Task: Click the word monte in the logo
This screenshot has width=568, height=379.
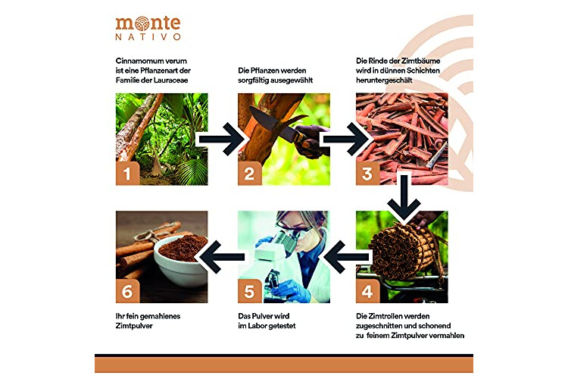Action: pos(148,24)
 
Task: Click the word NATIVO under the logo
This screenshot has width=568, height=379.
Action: pos(148,36)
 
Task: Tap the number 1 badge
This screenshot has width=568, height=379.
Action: pos(127,173)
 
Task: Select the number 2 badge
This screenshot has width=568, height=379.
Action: pos(250,173)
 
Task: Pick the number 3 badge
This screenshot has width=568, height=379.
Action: pos(367,173)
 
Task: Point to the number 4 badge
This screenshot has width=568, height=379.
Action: pos(367,291)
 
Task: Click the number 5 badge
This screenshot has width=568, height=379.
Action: pos(250,291)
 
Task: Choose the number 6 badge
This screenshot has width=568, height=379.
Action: pos(127,291)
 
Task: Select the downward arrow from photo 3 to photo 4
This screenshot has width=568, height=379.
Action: pos(404,198)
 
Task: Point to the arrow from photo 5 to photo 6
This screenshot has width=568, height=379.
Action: pos(222,257)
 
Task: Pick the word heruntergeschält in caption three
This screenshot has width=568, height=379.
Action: pos(384,80)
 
